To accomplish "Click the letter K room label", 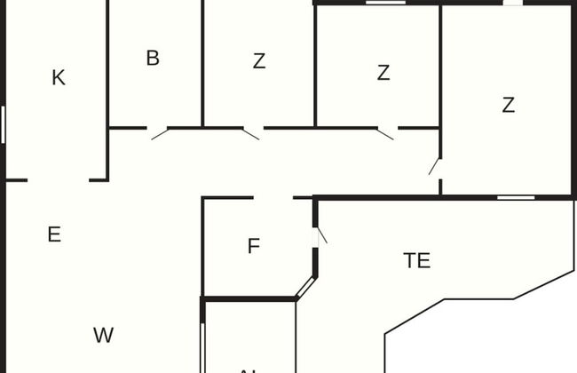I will coord(59,78).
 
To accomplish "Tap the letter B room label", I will coord(153,59).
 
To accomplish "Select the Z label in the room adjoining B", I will coord(258,62).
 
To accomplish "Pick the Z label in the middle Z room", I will coord(383,73).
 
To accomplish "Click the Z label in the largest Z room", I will coord(508,105).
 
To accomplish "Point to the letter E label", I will coord(54,234).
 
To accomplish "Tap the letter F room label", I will coord(254,247).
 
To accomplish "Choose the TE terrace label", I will coord(417,261).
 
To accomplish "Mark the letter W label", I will coord(103,336).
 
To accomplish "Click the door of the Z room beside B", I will coord(252,133).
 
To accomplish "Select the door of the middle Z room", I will coord(386,133).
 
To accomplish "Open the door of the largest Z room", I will coord(435,166).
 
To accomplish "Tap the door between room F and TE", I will coord(321,236).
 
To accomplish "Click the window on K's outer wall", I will coord(4,124).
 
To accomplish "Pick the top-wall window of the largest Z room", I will coord(512,3).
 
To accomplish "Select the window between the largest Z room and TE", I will coord(516,197).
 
